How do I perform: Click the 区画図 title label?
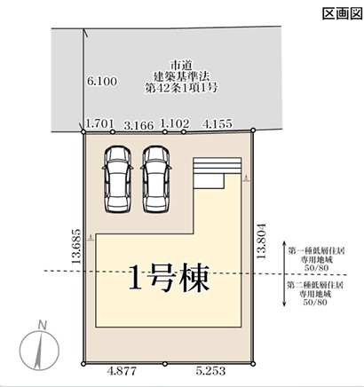click(x=343, y=13)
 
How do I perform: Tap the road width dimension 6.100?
click(x=102, y=81)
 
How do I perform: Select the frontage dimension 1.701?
click(x=99, y=123)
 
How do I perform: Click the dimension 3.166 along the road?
click(x=138, y=125)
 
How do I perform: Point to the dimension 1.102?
click(x=175, y=123)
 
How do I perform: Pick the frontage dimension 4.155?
click(x=217, y=123)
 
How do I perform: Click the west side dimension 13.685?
click(x=76, y=246)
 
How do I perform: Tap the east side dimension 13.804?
click(x=262, y=241)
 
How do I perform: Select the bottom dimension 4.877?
click(x=122, y=370)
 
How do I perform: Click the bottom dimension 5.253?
click(x=210, y=370)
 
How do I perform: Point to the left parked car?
click(x=117, y=179)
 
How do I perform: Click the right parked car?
click(x=156, y=179)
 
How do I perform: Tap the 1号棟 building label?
click(x=170, y=278)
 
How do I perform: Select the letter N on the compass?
click(x=43, y=326)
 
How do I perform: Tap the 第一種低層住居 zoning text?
click(x=316, y=251)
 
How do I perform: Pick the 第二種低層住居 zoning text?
click(x=315, y=286)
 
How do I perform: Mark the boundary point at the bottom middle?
click(x=165, y=364)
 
